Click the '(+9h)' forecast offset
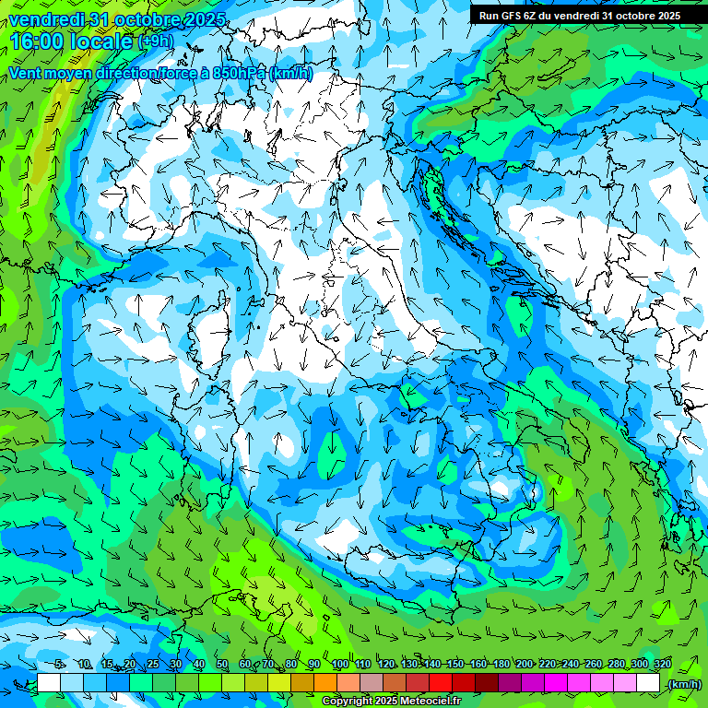pos(154,41)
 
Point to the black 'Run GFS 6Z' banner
pos(579,15)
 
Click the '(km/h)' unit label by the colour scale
pos(683,683)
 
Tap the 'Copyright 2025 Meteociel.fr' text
pos(392,702)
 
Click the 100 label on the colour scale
pos(339,664)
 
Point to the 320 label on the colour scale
pos(661,664)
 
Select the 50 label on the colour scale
pos(222,664)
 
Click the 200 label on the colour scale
pos(524,664)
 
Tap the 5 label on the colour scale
pos(59,664)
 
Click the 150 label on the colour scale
pos(454,664)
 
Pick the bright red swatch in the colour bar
pos(441,683)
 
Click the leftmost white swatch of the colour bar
pos(49,683)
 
